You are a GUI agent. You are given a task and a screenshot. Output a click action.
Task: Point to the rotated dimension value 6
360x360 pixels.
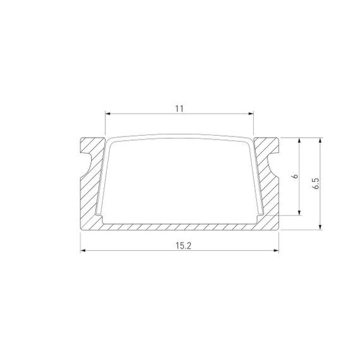click(293, 177)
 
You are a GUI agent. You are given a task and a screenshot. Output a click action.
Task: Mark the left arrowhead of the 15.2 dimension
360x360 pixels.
click(83, 251)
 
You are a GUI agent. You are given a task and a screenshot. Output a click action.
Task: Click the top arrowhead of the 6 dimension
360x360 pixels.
click(299, 140)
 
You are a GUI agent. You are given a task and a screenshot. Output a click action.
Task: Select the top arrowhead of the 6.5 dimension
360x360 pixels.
click(321, 140)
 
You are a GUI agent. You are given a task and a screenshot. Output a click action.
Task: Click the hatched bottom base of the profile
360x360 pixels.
click(179, 225)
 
